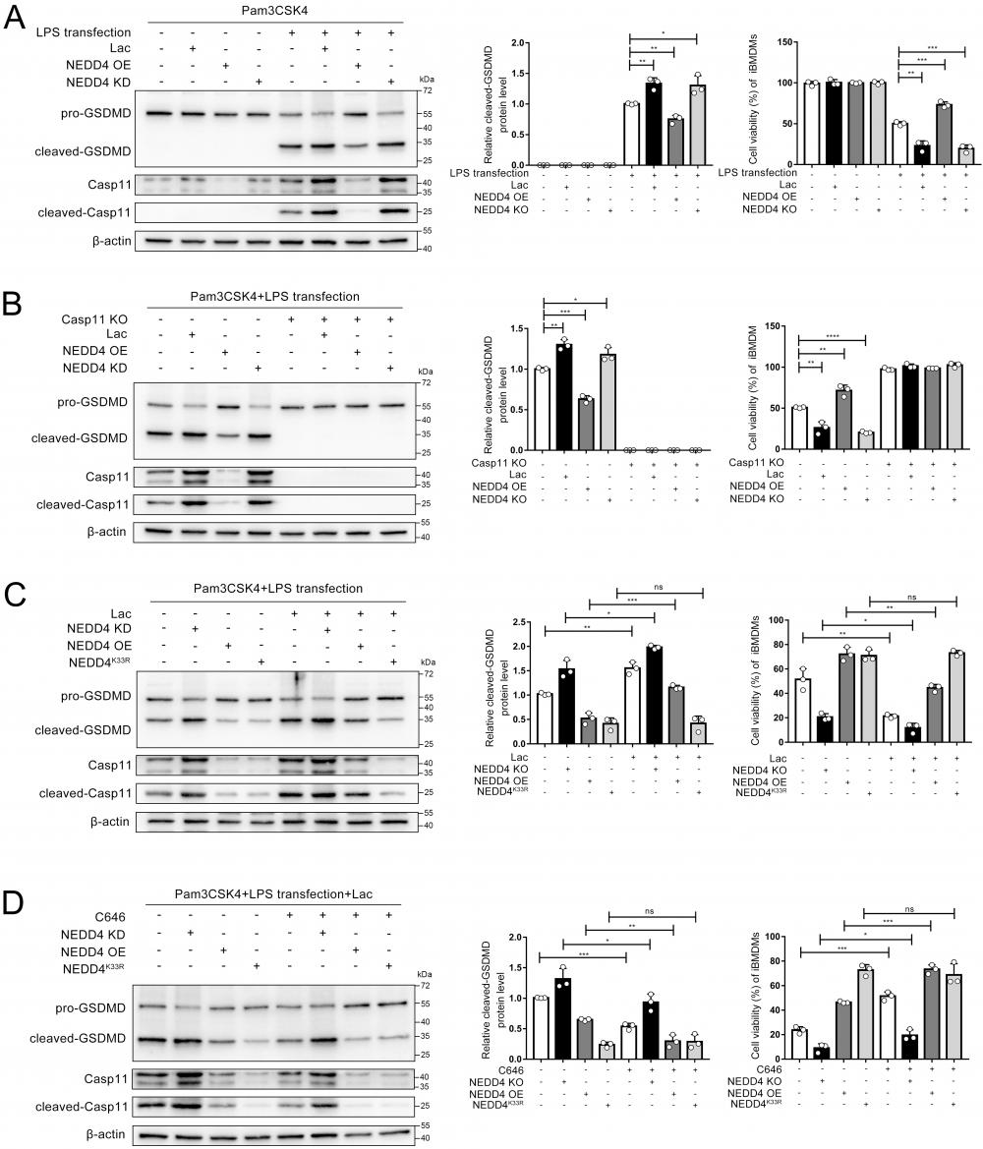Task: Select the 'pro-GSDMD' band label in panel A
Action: [x=83, y=114]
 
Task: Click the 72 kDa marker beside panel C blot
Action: [x=430, y=674]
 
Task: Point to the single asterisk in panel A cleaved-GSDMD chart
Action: [x=664, y=34]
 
